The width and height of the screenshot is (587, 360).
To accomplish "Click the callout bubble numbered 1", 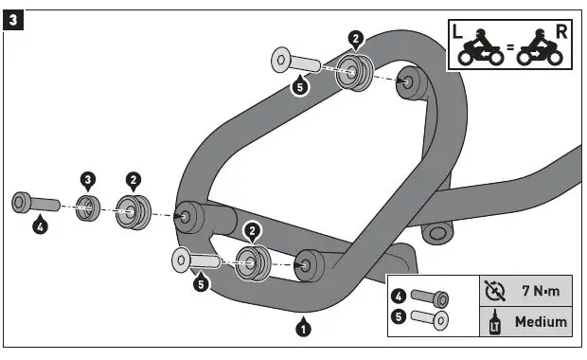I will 303,329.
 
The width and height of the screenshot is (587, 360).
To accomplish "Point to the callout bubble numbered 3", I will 87,179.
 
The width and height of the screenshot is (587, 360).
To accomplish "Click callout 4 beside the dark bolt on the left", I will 40,226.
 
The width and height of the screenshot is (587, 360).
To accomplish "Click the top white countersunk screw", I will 297,62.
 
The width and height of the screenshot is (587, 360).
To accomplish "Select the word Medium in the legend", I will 541,321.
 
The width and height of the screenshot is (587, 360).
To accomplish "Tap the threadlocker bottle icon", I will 493,321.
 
